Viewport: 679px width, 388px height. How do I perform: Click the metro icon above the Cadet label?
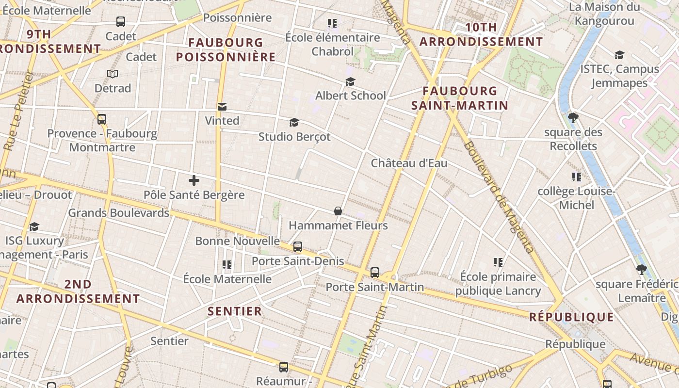(x=121, y=22)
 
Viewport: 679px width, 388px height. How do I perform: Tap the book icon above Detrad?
(x=113, y=74)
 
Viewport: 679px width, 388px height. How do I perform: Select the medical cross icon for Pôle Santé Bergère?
(x=194, y=181)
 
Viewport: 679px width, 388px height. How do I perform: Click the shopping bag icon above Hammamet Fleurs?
(x=338, y=211)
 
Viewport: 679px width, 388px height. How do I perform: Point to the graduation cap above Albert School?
(x=350, y=81)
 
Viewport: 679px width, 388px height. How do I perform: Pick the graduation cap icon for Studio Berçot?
(x=294, y=122)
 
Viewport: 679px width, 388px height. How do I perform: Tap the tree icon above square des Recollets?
(x=573, y=117)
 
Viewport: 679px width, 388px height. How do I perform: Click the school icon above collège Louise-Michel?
(x=576, y=177)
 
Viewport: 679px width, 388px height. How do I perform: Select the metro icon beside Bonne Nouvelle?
(x=298, y=247)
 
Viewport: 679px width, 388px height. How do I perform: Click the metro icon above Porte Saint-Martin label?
(x=375, y=273)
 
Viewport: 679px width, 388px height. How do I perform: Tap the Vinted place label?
(x=222, y=121)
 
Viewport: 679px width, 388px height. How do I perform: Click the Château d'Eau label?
(x=409, y=163)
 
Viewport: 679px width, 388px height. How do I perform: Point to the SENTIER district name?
(x=235, y=311)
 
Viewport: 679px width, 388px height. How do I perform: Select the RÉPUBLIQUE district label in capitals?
(x=571, y=317)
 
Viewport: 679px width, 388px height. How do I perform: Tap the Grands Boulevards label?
(x=118, y=213)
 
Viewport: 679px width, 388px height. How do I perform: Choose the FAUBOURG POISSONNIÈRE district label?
(x=226, y=50)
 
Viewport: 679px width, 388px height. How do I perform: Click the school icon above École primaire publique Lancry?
(x=498, y=262)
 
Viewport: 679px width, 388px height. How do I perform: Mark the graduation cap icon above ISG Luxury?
(x=34, y=226)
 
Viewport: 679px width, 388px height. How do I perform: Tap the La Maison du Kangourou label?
(x=604, y=14)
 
